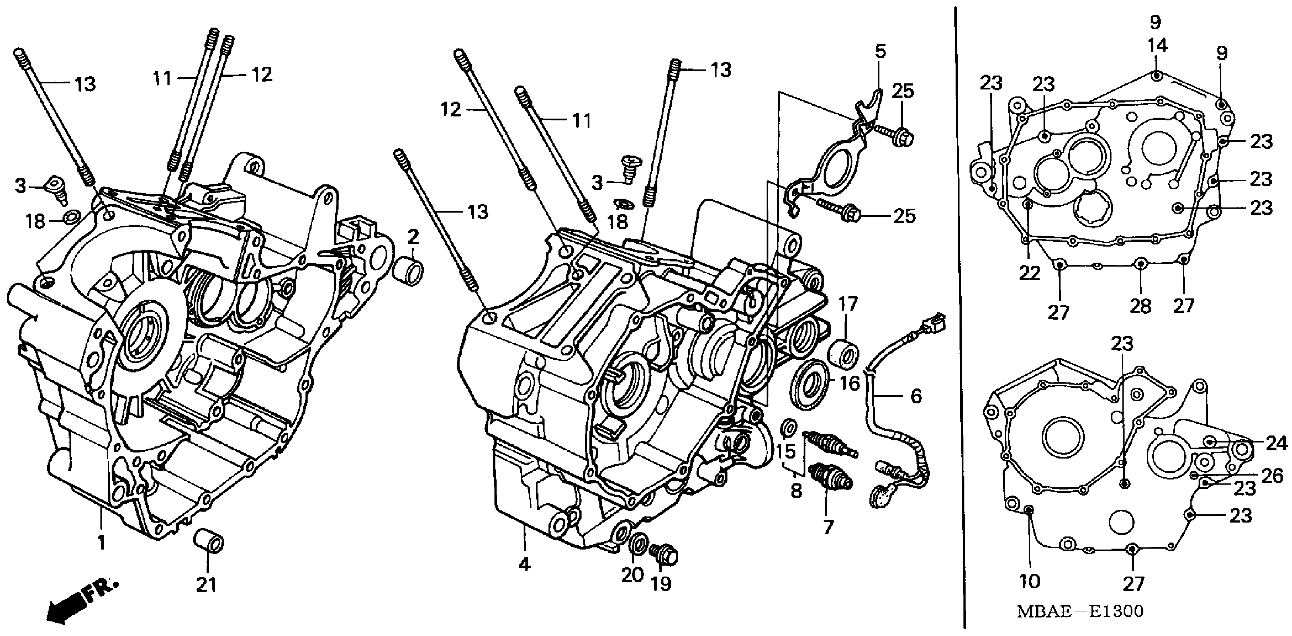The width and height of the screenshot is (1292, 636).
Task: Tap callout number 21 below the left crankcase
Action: click(206, 584)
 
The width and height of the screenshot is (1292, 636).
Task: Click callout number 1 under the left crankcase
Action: click(101, 542)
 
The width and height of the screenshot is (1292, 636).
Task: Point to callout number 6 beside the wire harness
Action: click(916, 396)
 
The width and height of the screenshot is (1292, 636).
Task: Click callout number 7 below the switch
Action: click(827, 527)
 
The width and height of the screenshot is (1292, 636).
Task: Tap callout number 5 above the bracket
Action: click(881, 51)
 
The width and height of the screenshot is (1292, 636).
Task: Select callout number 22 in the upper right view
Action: click(1029, 273)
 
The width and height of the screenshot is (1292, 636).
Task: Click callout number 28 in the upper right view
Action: click(1140, 305)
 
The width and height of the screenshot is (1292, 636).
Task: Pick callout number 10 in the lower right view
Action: click(1029, 581)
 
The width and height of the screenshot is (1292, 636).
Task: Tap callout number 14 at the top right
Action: click(1157, 46)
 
